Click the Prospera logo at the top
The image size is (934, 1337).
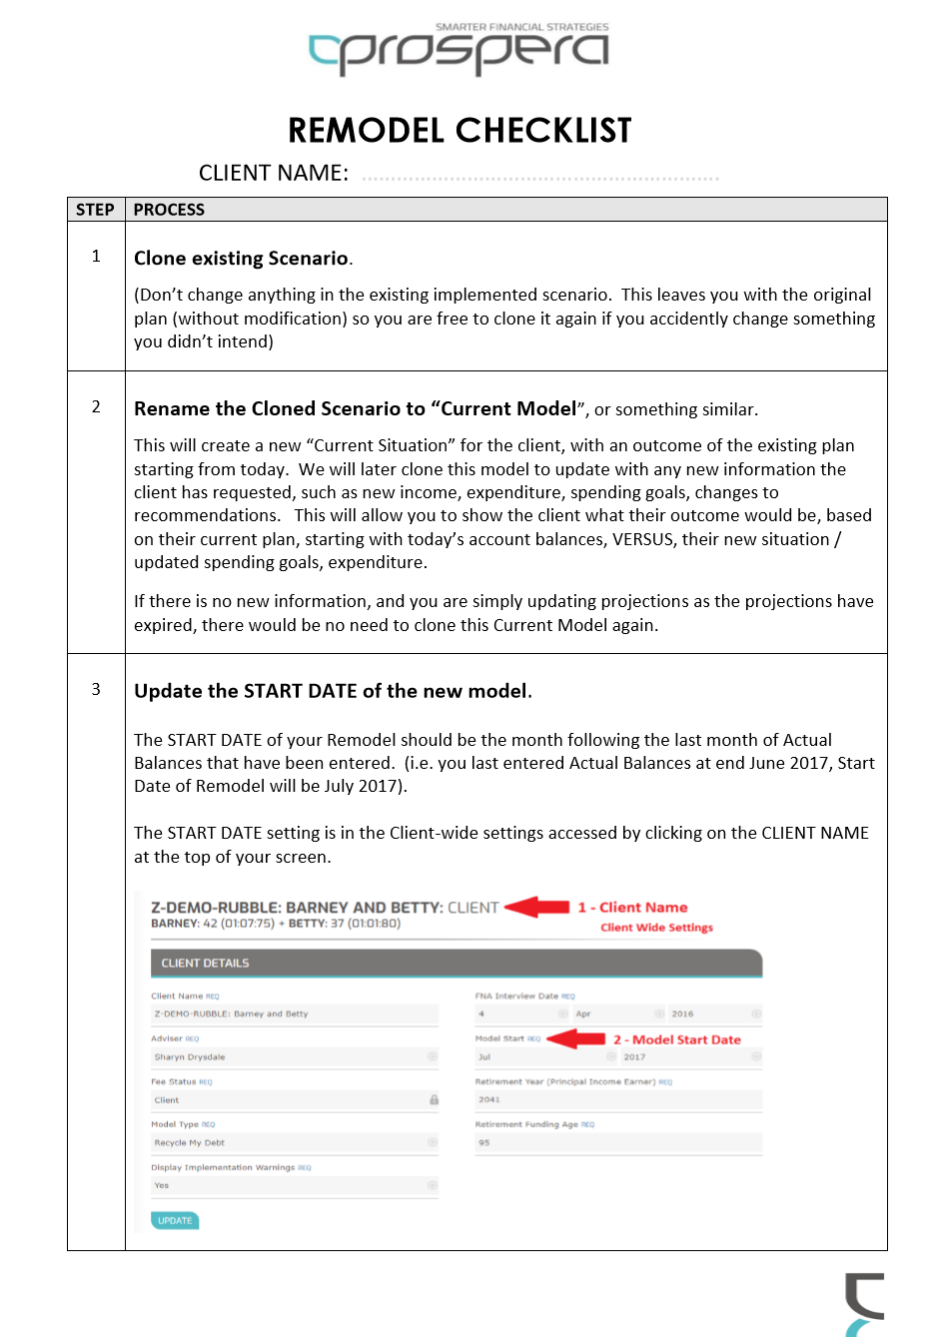tap(459, 51)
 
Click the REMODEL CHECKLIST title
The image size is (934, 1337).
tap(460, 131)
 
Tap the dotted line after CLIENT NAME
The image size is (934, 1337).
tap(539, 178)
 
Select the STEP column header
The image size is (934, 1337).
tap(95, 210)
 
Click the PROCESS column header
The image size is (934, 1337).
tap(169, 210)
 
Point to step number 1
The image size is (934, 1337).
tap(96, 257)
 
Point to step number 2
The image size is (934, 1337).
tap(96, 406)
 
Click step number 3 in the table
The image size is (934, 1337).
tap(96, 689)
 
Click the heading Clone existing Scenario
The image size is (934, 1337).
tap(242, 259)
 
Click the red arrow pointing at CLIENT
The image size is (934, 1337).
tap(536, 907)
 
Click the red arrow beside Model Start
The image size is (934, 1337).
tap(576, 1039)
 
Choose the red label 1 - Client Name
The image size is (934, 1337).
tap(632, 908)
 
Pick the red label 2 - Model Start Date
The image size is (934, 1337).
tap(677, 1039)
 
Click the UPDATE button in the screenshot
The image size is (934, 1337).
tap(175, 1220)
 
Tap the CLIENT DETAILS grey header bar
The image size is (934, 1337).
tap(456, 964)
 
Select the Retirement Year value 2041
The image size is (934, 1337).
tap(489, 1099)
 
